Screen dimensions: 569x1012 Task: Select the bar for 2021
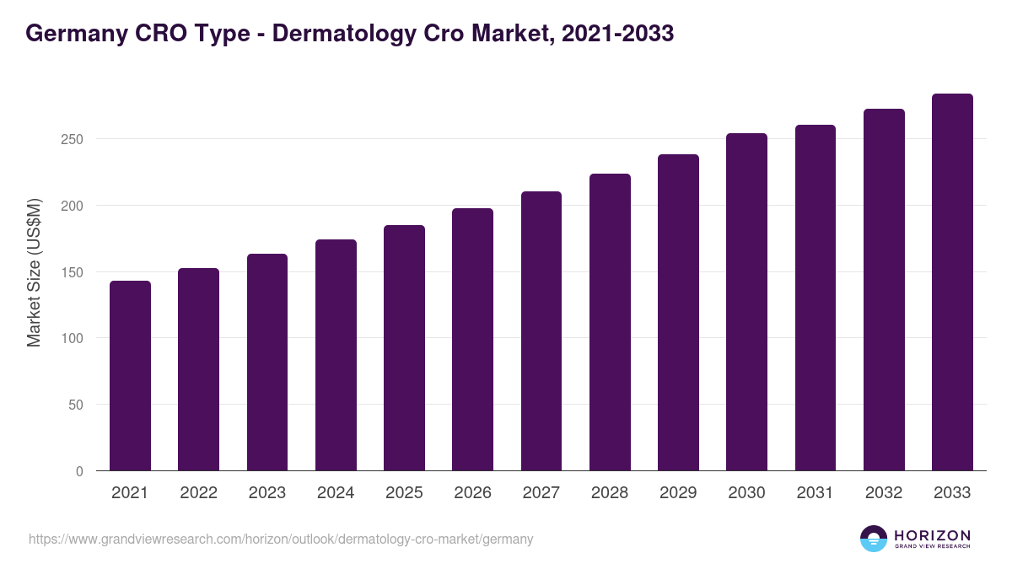point(130,376)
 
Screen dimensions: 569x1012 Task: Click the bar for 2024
point(336,355)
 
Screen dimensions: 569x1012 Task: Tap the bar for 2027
point(541,331)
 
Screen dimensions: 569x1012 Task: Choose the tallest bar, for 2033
point(952,282)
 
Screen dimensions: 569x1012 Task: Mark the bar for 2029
point(678,313)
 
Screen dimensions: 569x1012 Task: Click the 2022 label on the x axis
point(198,493)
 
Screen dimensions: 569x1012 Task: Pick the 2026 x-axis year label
point(472,493)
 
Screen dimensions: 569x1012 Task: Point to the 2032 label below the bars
point(884,493)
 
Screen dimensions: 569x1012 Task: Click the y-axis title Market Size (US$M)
point(34,271)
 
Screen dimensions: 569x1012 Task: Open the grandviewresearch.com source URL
point(281,539)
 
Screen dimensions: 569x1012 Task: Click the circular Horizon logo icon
point(874,539)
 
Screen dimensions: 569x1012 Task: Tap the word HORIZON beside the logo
point(933,535)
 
